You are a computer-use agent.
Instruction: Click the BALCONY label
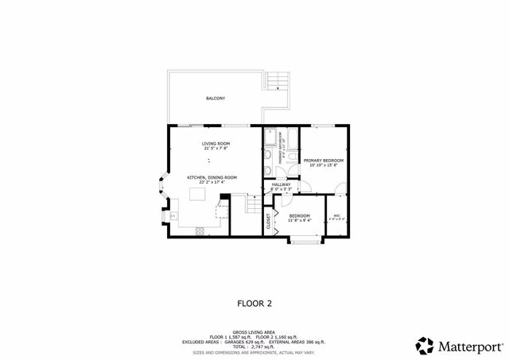click(x=215, y=99)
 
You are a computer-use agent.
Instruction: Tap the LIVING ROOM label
click(x=215, y=143)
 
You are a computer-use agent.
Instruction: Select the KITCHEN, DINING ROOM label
click(x=212, y=177)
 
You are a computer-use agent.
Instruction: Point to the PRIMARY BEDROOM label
click(x=323, y=161)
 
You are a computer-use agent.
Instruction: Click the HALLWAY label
click(x=281, y=184)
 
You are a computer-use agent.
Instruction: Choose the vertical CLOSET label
click(x=269, y=221)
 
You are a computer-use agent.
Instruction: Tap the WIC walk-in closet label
click(x=336, y=216)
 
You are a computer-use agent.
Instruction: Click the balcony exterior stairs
click(x=275, y=80)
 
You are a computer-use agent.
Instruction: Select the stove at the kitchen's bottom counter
click(x=199, y=230)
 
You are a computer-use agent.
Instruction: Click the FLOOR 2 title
click(x=254, y=303)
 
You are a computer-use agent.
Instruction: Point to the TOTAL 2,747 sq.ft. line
click(x=254, y=347)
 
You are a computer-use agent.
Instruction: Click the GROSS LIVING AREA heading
click(x=254, y=332)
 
